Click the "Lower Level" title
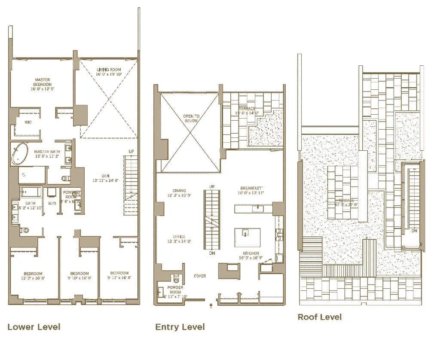coord(34,327)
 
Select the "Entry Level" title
coord(180,327)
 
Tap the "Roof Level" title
coord(320,317)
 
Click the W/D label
coord(52,203)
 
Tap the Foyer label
coord(200,276)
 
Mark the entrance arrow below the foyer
coord(211,306)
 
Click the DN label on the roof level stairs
coord(413,231)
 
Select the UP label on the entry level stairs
coord(211,187)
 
